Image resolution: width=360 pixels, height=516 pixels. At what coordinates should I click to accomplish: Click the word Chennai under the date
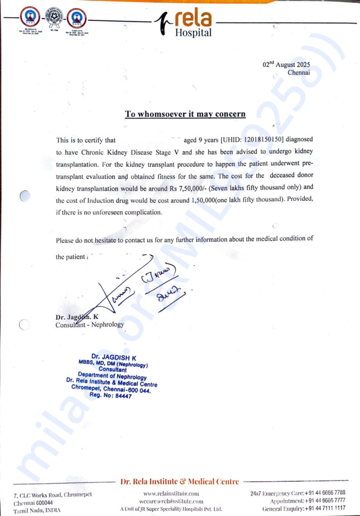point(299,73)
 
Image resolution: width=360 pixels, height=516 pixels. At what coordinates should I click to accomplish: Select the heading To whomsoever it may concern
point(185,114)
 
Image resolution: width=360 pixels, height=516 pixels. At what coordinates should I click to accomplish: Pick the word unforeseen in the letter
point(109,212)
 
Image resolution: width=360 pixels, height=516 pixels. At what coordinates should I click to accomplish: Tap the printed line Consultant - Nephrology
point(90,325)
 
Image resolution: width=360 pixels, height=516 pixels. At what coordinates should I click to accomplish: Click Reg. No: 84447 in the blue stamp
point(110,396)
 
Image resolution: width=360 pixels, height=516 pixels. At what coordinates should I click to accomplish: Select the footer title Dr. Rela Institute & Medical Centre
point(180,481)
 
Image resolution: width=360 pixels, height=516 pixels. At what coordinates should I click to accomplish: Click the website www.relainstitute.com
point(171,493)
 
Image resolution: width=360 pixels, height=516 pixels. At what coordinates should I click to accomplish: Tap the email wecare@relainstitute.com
point(170,501)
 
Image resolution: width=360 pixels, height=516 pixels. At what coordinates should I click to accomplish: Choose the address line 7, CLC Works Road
point(53,494)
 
